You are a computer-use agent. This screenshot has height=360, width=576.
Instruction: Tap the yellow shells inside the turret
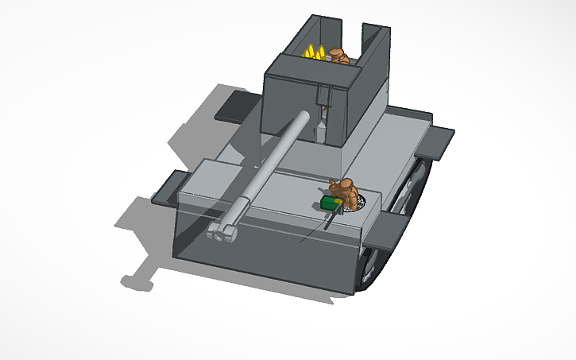[315, 52]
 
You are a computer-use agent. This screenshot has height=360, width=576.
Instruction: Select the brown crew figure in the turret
[338, 56]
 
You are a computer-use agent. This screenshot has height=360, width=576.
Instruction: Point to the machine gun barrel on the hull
[327, 222]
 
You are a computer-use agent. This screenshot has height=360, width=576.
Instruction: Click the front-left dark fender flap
[168, 187]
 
